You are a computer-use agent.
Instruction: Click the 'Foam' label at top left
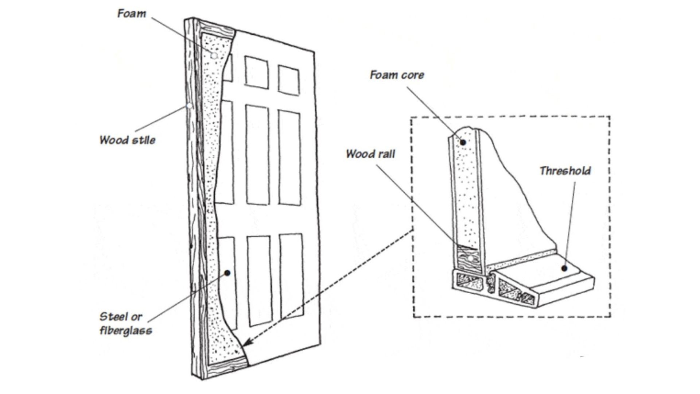click(x=131, y=14)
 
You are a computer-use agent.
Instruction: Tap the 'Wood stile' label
click(x=127, y=140)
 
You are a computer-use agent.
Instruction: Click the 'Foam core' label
click(x=397, y=75)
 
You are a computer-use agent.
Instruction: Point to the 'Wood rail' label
click(x=370, y=154)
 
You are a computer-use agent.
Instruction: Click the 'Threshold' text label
click(x=565, y=171)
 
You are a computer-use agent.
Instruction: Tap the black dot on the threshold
click(x=564, y=269)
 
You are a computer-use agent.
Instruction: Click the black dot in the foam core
click(x=463, y=142)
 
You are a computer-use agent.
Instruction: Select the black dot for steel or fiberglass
click(x=227, y=273)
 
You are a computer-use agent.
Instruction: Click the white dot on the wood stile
click(x=189, y=106)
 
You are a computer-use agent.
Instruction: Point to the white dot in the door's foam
click(x=214, y=56)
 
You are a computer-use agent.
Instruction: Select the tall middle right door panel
click(x=290, y=158)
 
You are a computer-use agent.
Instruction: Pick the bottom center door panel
click(x=260, y=281)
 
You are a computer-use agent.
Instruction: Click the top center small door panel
click(x=256, y=72)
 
